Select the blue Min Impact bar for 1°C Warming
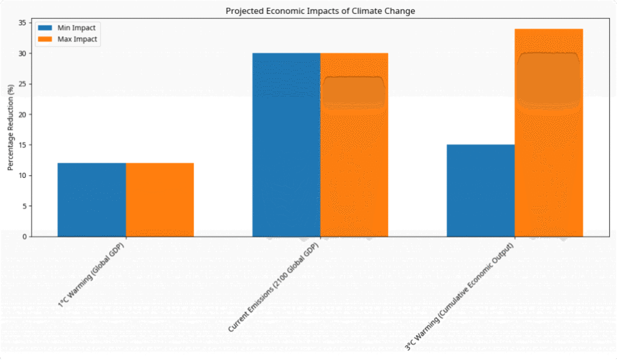pos(92,200)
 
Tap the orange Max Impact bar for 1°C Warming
pos(160,200)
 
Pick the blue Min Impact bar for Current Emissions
pos(286,145)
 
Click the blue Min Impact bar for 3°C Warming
pos(481,191)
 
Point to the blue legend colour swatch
pos(45,28)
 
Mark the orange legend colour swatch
pos(45,39)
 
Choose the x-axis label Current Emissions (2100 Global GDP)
pos(275,288)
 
